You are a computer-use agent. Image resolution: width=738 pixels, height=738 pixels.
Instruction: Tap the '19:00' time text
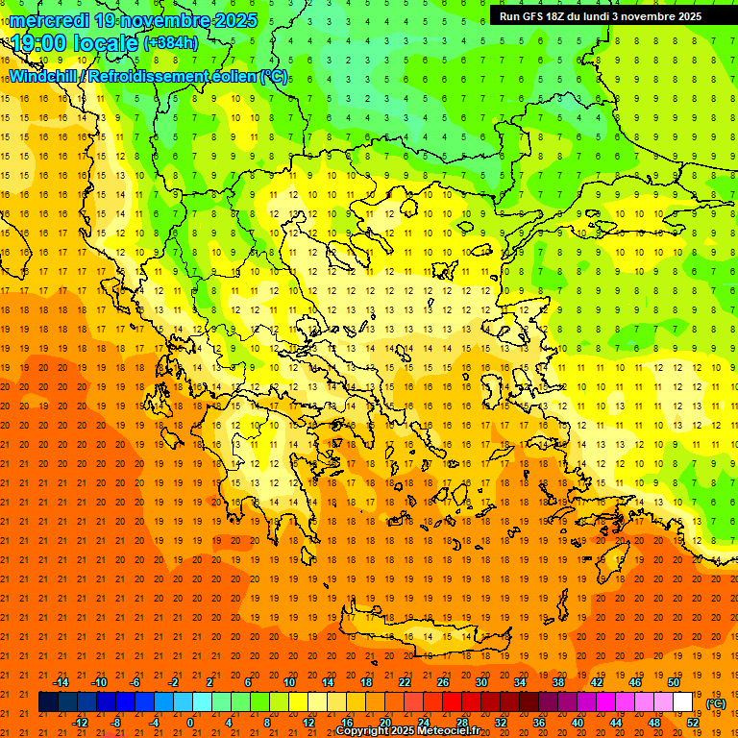click(40, 42)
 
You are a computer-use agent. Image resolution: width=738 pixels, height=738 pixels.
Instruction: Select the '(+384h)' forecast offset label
click(171, 42)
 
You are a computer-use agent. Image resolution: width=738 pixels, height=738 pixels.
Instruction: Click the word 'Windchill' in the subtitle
click(46, 77)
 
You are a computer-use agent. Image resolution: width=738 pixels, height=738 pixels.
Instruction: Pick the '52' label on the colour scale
click(693, 723)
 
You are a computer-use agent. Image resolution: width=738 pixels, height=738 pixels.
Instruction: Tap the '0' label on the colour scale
click(190, 723)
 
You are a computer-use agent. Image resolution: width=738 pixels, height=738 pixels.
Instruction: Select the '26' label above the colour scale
click(443, 682)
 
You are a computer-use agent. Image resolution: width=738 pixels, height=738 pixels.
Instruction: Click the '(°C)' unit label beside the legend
click(716, 703)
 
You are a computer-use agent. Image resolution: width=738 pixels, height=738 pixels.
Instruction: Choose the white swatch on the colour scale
click(683, 702)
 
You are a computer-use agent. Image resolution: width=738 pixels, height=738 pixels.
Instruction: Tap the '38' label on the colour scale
click(558, 682)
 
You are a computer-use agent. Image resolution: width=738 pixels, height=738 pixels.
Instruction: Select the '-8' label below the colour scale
click(115, 723)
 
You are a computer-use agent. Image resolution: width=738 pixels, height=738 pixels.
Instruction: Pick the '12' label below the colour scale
click(308, 723)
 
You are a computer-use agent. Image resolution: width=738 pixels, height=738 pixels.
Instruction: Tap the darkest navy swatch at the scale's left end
click(48, 702)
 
